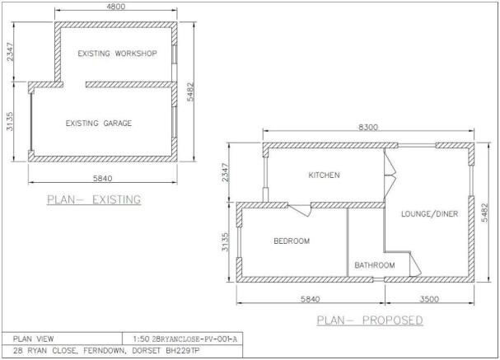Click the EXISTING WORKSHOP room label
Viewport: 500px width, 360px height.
coord(117,54)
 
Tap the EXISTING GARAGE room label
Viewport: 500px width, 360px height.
coord(99,124)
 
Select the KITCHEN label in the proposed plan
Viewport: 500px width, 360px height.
coord(324,175)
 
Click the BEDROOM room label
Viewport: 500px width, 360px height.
coord(292,241)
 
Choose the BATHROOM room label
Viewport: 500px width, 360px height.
coord(375,265)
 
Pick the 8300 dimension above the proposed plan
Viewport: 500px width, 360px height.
coord(369,127)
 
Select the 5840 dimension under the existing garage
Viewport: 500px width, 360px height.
coord(102,178)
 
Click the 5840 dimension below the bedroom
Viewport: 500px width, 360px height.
coord(310,298)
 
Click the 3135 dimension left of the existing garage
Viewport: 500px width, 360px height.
coord(10,123)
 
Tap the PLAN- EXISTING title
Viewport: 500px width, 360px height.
coord(93,199)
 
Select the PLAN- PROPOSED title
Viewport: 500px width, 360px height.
coord(371,320)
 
